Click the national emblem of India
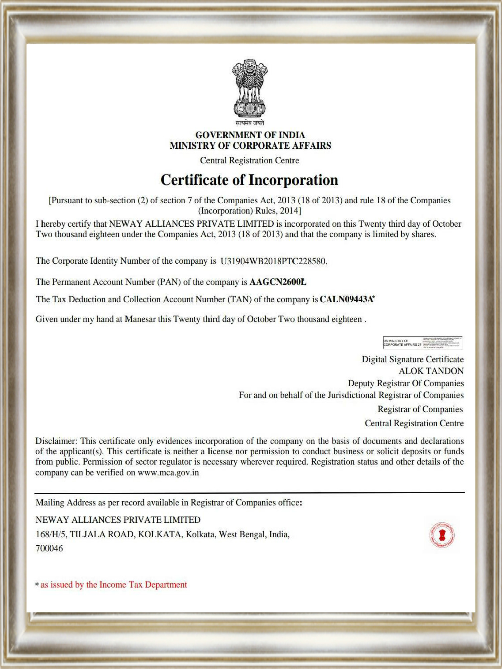(250, 88)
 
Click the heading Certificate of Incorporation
(249, 180)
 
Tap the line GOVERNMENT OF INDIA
(250, 135)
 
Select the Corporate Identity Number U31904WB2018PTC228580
(273, 261)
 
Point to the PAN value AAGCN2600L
(278, 282)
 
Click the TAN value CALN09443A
(346, 299)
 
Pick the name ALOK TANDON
(431, 371)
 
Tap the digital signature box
(423, 343)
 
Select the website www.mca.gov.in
(168, 473)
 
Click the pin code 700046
(49, 548)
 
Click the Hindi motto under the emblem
(250, 123)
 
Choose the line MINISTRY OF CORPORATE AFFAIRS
(250, 146)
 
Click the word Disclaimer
(56, 441)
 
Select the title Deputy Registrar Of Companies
(406, 383)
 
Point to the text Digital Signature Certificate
(412, 359)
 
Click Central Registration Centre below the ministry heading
(249, 161)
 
